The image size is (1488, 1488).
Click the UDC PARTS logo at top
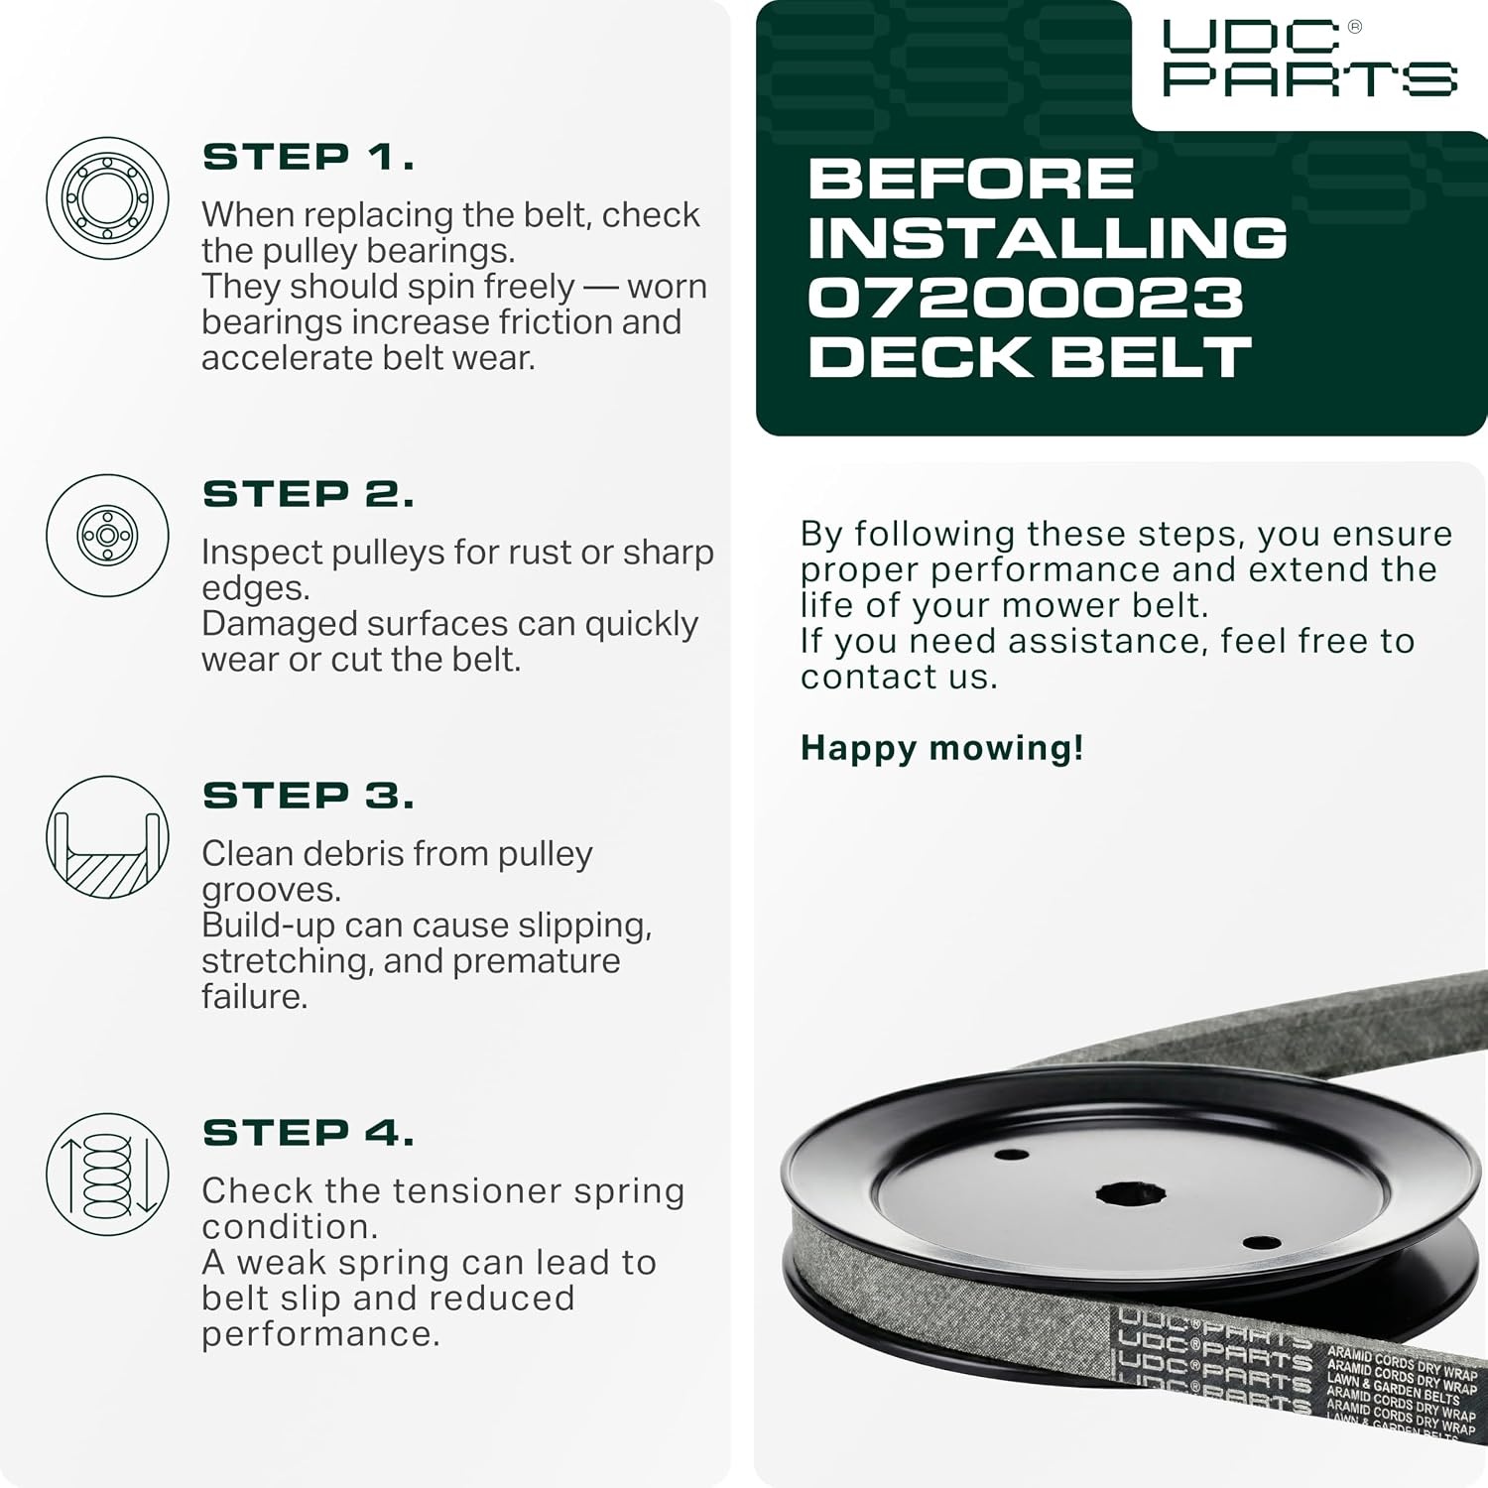tap(1309, 59)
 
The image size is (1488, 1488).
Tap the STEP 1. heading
tap(309, 157)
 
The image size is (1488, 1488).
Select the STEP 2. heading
tap(309, 494)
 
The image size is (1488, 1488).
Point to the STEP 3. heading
tap(309, 796)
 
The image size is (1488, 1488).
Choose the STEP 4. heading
tap(309, 1133)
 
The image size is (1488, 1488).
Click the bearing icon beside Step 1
tap(107, 198)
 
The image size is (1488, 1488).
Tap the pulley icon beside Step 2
tap(107, 536)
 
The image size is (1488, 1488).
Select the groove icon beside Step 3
tap(107, 837)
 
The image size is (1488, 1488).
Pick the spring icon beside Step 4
tap(107, 1175)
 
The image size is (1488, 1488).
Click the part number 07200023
tap(1026, 298)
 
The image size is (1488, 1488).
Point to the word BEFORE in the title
tap(971, 180)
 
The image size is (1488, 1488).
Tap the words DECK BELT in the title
tap(1030, 357)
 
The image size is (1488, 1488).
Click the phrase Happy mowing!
tap(941, 748)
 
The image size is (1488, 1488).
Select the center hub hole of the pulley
tap(1130, 1193)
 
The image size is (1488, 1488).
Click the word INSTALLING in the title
tap(1048, 238)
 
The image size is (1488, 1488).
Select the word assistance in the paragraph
tap(1101, 642)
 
